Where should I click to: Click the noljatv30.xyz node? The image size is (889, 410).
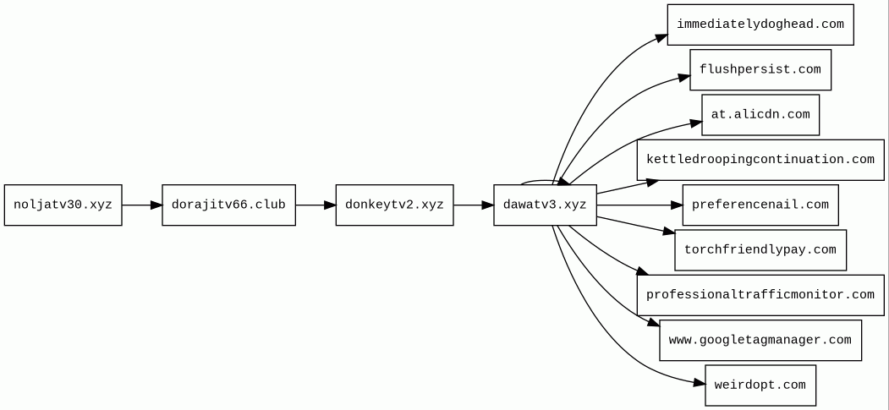tap(63, 205)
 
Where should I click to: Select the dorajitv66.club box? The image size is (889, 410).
tap(228, 205)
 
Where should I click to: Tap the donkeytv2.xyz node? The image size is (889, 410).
tap(394, 205)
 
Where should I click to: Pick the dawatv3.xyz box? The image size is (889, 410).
tap(545, 205)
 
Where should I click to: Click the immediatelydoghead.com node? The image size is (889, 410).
tap(760, 25)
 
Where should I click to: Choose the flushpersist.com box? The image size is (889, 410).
tap(760, 70)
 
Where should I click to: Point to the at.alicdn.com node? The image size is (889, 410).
tap(760, 115)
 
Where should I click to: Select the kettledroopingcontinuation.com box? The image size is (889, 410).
tap(760, 160)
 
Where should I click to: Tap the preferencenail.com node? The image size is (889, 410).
tap(760, 205)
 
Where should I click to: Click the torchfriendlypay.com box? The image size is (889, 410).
tap(760, 250)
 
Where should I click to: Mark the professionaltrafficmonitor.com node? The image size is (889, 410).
tap(760, 295)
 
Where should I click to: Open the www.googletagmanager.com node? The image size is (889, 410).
tap(760, 340)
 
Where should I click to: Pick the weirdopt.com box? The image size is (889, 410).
tap(760, 385)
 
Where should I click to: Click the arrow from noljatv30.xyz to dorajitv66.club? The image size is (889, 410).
tap(142, 205)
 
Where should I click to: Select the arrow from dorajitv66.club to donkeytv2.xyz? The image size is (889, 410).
tap(316, 205)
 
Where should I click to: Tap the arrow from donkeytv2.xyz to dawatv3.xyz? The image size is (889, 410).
tap(474, 205)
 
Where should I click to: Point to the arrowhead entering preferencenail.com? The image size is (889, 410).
tap(676, 205)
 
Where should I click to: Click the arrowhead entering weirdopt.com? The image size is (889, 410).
tap(698, 383)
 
